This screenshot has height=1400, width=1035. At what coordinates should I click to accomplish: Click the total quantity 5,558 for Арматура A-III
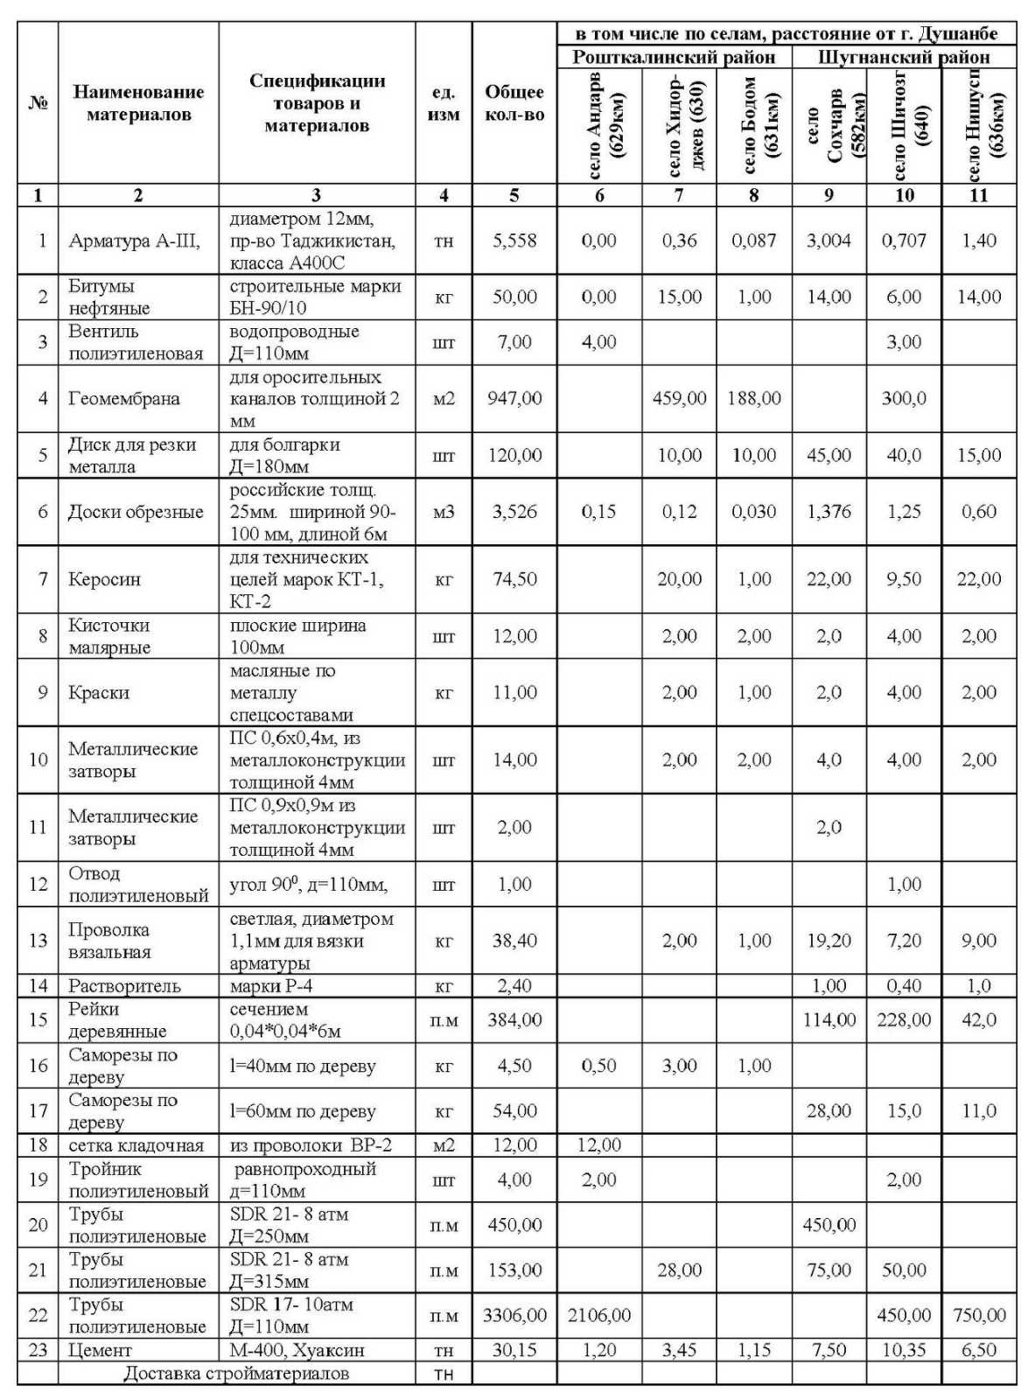514,241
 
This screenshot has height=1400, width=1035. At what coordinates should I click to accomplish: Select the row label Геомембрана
123,399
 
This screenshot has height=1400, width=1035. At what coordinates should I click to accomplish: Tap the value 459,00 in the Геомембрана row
679,399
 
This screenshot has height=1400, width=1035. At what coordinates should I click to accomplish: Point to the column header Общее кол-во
514,103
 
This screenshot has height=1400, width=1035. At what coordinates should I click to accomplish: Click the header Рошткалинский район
674,58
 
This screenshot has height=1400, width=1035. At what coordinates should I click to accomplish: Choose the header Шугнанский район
904,58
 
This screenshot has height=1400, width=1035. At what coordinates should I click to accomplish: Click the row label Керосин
104,579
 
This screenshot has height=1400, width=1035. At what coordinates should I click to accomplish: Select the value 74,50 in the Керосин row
514,579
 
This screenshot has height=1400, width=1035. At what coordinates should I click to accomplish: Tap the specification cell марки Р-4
270,986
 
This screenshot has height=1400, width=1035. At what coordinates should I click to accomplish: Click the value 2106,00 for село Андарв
599,1315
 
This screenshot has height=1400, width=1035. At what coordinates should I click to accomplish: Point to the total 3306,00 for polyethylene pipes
514,1315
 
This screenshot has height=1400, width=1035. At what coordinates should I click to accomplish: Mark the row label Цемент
100,1350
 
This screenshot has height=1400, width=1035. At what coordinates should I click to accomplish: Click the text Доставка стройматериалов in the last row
236,1373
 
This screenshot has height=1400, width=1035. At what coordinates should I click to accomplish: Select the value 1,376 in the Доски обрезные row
828,512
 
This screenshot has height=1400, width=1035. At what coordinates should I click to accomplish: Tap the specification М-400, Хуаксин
297,1350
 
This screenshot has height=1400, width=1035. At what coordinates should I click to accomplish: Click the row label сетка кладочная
136,1145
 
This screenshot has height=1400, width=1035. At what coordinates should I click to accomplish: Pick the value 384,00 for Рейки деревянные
514,1020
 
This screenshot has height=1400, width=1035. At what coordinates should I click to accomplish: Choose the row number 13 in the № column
38,941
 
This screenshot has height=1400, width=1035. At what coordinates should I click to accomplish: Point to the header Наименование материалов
138,103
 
